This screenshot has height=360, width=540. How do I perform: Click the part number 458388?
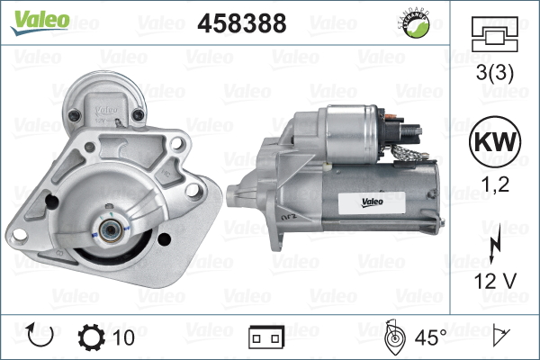click(240, 23)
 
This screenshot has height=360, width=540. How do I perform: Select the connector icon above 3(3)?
click(493, 38)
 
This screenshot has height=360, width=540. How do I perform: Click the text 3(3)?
click(493, 76)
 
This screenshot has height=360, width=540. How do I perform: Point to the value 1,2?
click(493, 187)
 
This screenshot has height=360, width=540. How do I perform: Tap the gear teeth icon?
click(92, 337)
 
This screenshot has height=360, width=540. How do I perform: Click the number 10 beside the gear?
click(125, 337)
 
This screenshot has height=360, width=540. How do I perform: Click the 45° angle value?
click(430, 337)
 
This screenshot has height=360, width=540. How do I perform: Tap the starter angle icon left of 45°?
click(393, 337)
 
